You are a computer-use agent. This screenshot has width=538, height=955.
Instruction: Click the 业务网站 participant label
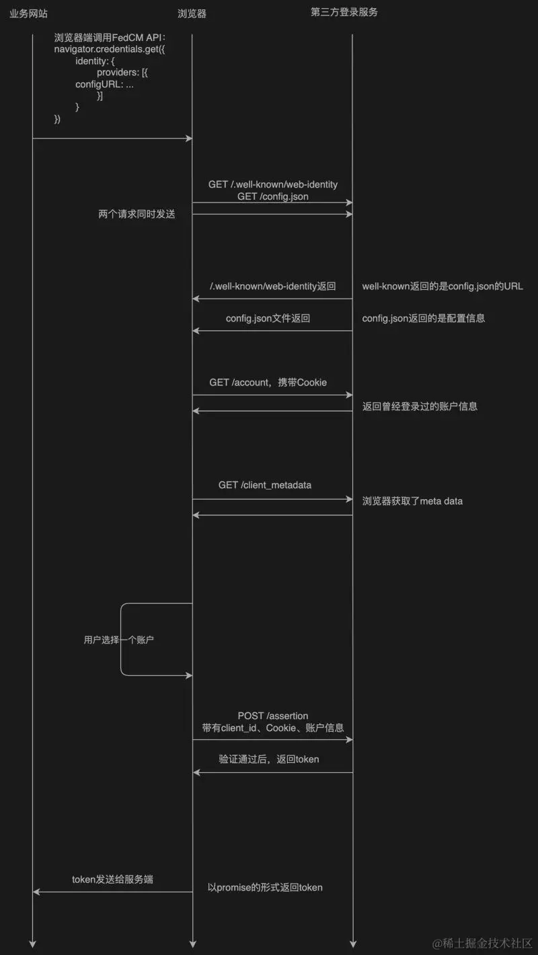[28, 13]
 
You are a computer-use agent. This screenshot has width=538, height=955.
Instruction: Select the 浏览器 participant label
[192, 13]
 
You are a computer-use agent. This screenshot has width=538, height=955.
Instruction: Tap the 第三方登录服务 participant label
[344, 12]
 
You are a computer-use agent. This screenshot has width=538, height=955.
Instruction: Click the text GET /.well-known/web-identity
[273, 184]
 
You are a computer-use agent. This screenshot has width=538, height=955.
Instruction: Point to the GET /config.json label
[273, 196]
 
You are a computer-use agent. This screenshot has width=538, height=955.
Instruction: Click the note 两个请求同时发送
[137, 215]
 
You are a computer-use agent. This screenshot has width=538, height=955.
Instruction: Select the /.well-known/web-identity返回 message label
[273, 286]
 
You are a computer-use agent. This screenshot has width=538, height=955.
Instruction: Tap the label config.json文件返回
[268, 318]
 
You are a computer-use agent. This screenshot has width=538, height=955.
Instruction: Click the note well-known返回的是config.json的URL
[443, 286]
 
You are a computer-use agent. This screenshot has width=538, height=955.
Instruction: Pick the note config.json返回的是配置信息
[424, 318]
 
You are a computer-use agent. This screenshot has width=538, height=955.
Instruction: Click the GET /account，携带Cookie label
[268, 382]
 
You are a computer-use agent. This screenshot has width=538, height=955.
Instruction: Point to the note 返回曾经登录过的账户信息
[420, 406]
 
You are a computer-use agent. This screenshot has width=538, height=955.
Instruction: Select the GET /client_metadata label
[265, 485]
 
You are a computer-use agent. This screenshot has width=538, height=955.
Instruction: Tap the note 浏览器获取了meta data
[412, 501]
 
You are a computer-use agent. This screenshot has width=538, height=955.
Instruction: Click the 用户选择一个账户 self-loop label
[118, 640]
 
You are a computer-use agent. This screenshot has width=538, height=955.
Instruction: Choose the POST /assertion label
[273, 716]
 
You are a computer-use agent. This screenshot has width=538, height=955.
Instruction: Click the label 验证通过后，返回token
[269, 759]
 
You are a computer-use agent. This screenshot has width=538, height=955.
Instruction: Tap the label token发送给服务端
[112, 879]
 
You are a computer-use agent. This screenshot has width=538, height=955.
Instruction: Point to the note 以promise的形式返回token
[265, 887]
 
